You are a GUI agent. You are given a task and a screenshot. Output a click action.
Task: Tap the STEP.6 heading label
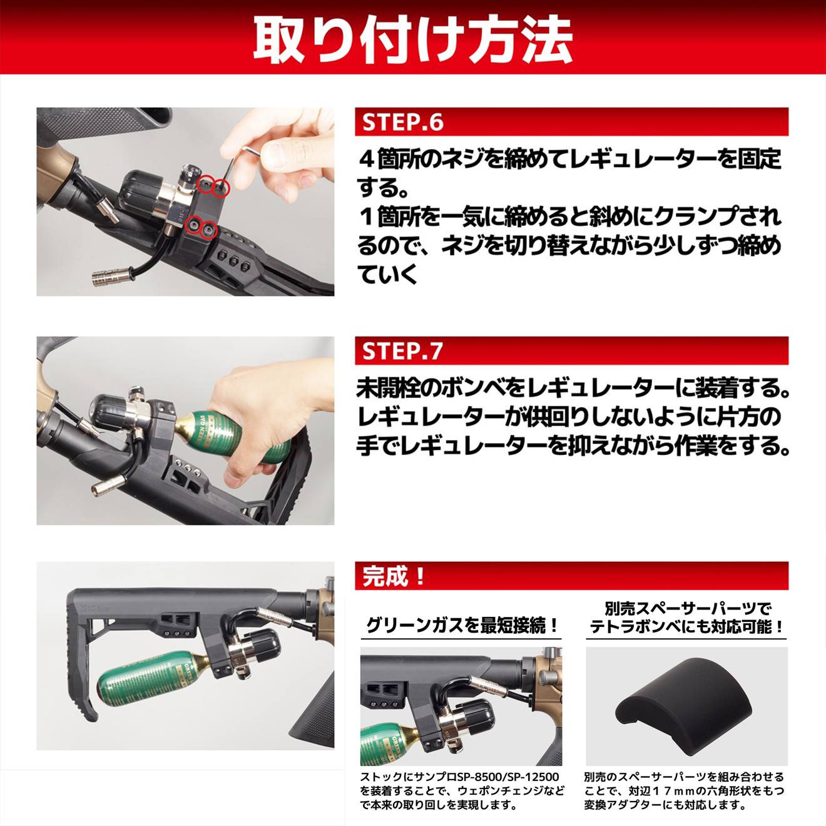point(402,122)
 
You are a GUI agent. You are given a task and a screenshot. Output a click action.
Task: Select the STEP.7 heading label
point(402,351)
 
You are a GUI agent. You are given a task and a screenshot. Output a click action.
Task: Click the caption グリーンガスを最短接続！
point(461,625)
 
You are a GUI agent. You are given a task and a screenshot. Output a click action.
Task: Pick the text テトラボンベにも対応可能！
point(687,626)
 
